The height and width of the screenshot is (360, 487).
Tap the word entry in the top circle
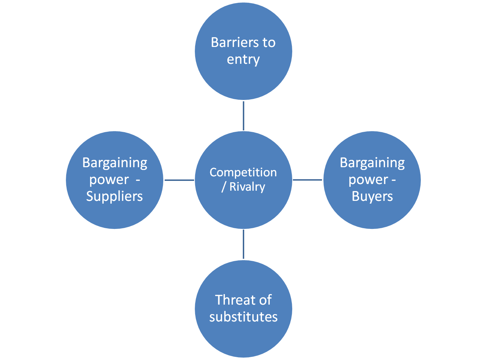point(243,59)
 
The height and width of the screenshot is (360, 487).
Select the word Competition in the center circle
point(243,172)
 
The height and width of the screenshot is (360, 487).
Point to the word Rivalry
point(247,186)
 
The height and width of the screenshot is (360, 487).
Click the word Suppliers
point(115,196)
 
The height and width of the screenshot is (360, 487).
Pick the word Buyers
point(372,196)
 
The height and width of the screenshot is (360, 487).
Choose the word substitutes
point(243,317)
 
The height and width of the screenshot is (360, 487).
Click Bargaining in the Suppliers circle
point(115,163)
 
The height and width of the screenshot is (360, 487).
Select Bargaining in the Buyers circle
point(372,163)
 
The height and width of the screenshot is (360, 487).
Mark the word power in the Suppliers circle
point(109,180)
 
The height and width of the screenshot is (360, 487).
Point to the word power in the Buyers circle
point(368,180)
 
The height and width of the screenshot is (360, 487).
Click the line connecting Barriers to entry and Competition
point(243,116)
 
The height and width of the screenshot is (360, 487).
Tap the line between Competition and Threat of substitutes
point(243,245)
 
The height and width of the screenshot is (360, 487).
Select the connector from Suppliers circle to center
point(179,180)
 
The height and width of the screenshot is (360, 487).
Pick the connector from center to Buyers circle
point(308,180)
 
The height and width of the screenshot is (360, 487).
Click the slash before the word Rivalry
point(224,187)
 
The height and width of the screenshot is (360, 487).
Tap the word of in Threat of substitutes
point(265,300)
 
